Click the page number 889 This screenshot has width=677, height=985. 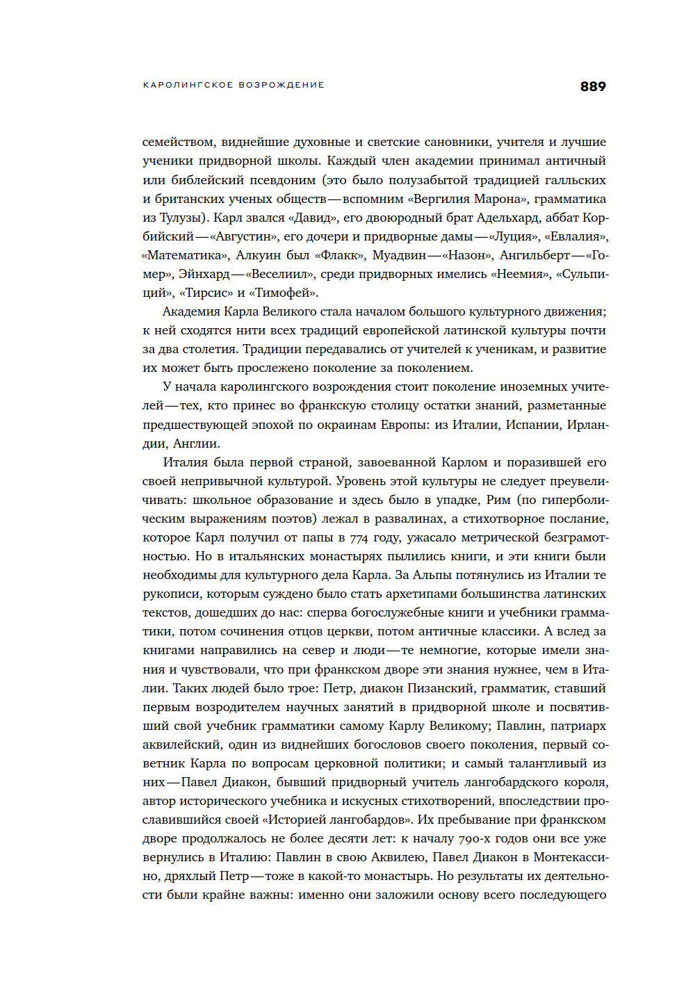tap(592, 86)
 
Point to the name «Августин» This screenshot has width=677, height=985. tap(243, 236)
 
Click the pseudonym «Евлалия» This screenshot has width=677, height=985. tap(576, 236)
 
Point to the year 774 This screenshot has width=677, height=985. tap(359, 537)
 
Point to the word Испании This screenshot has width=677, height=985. tap(532, 425)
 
